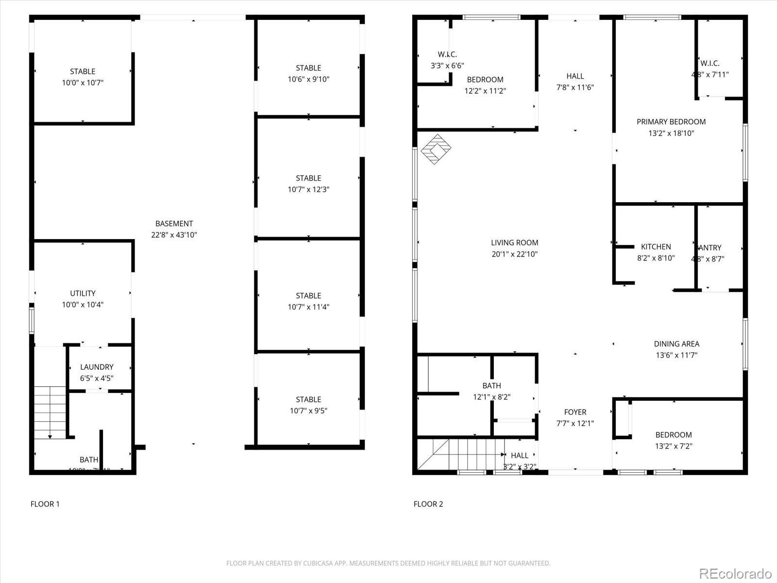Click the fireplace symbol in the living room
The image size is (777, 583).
pos(436,149)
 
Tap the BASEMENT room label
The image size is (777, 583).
pos(174,223)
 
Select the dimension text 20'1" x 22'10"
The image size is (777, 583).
pos(514,254)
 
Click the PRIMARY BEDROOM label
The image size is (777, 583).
pos(671,121)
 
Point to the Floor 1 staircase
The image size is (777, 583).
pos(50,412)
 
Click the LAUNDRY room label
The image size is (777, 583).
pos(97,367)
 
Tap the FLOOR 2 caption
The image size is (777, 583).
pos(428,504)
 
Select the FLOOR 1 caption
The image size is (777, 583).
pos(45,504)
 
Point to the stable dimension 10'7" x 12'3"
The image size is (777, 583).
pos(308,189)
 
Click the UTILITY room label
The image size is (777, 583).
pos(83,293)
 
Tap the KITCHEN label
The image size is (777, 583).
pos(656,247)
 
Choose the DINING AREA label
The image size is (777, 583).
pos(676,343)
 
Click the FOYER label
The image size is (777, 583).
pos(575,412)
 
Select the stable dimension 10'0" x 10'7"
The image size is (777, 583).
pos(83,83)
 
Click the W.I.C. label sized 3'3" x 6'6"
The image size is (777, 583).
pos(447,54)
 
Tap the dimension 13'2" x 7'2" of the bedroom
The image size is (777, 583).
pos(674,446)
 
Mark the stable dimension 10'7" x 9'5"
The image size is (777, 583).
pos(308,411)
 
